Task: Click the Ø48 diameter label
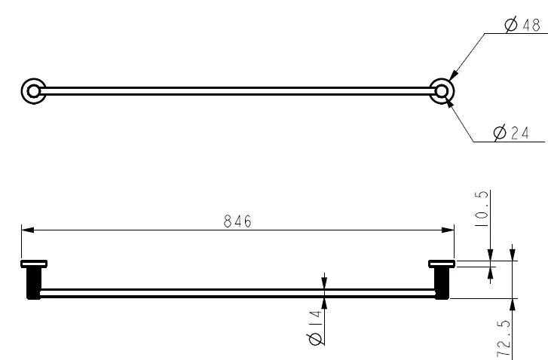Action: [x=522, y=26]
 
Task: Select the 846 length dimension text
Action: [x=237, y=221]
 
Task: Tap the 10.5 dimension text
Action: [x=484, y=208]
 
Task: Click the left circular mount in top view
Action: [x=32, y=91]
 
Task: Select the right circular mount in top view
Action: [x=442, y=91]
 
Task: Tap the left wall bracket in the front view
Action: [x=34, y=279]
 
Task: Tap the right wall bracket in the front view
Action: [x=441, y=279]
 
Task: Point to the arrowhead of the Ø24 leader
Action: [x=449, y=104]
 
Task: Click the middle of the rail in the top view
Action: [x=237, y=91]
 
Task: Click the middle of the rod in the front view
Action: [x=237, y=293]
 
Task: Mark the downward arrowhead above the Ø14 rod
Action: [x=324, y=283]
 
